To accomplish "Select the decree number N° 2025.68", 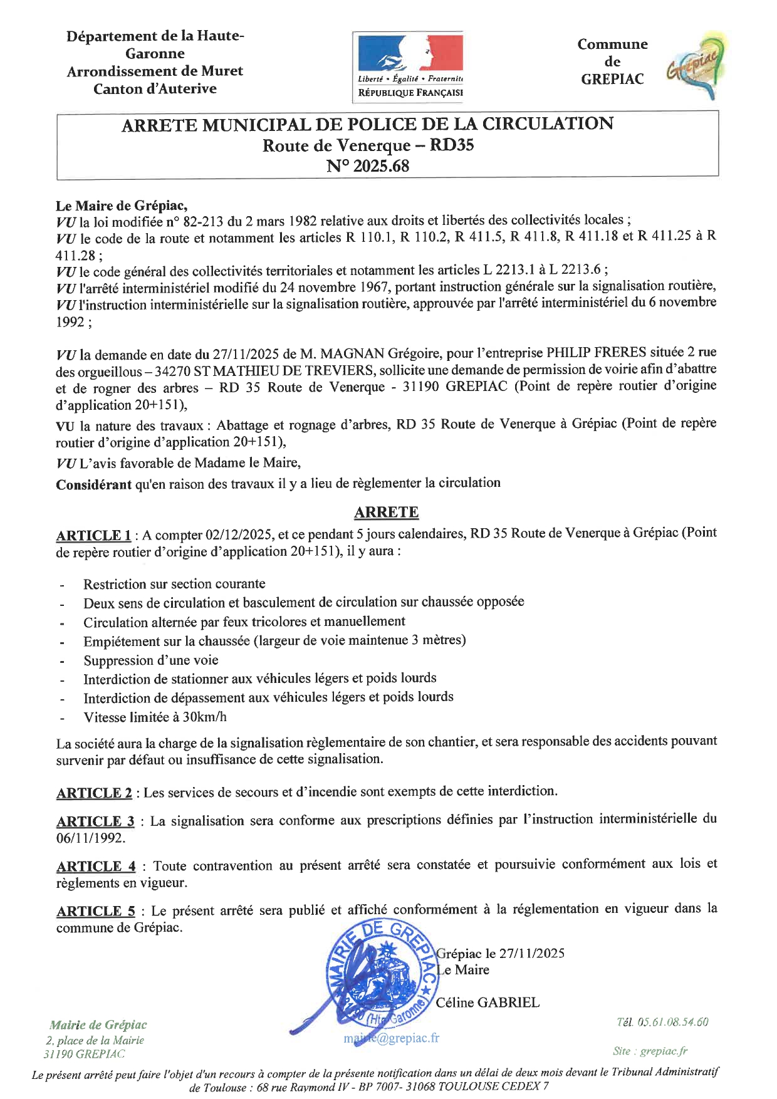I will tap(367, 166).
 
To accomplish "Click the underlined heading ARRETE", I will tap(386, 512).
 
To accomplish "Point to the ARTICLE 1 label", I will tap(93, 535).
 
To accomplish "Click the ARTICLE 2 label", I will tap(94, 793).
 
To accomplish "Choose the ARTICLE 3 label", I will tap(95, 821).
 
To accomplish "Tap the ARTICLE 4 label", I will tap(96, 866).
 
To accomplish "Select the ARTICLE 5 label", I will tap(96, 911).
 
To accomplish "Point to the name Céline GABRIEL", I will tap(488, 1003).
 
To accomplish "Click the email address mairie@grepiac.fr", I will tap(391, 1038).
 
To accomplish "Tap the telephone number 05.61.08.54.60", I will tap(672, 1022).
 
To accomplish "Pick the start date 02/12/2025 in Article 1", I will tap(239, 534).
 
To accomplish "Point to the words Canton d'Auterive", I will tap(155, 89).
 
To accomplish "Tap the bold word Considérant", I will tap(94, 484).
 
